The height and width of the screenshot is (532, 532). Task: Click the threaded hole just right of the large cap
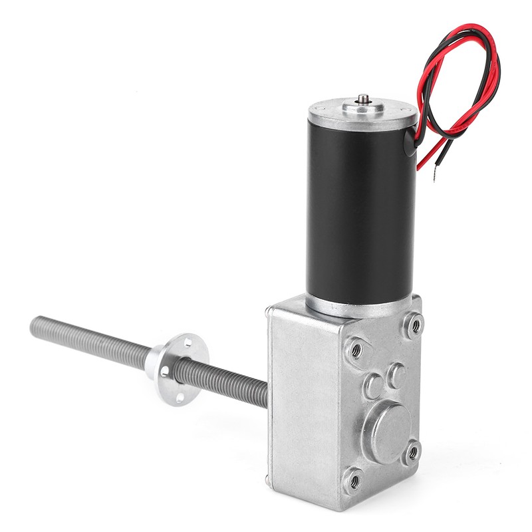(412, 452)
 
